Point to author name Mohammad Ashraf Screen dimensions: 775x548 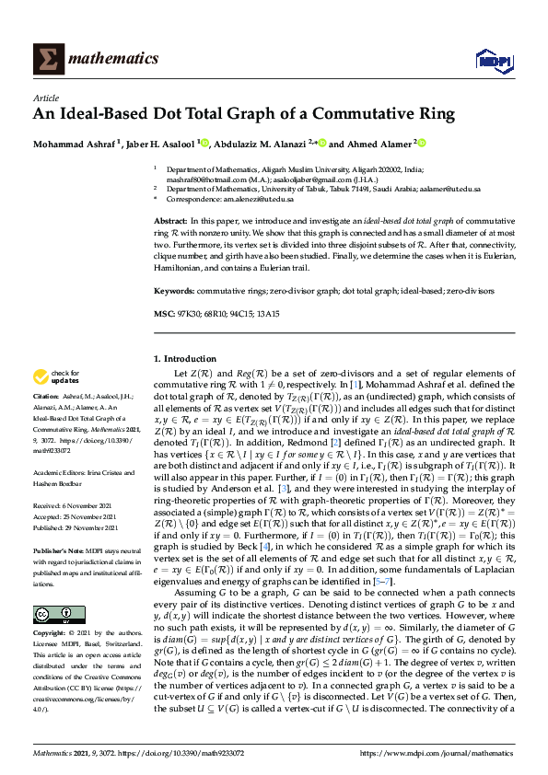(74, 144)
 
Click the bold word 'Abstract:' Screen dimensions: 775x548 (171, 224)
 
